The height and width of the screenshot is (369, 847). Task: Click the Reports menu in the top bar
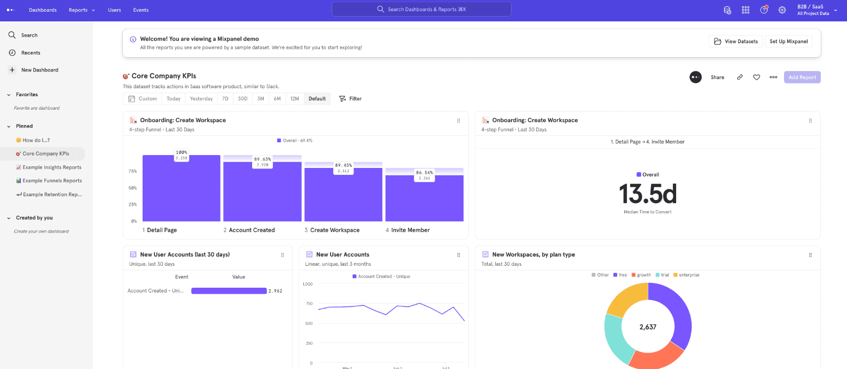(81, 10)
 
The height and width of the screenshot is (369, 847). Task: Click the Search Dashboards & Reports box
(421, 9)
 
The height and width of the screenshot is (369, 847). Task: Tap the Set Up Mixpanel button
(788, 42)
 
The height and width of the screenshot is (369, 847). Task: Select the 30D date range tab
(242, 99)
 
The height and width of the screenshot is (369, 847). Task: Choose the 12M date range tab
(294, 99)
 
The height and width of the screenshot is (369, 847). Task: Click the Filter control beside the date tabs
(350, 99)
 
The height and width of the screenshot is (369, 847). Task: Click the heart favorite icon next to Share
(756, 78)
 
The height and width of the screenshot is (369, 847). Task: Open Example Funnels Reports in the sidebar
(52, 181)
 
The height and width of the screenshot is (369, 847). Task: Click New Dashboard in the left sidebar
(40, 70)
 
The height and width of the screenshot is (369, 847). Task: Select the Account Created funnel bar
(262, 193)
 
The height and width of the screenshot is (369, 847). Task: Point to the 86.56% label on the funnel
(425, 173)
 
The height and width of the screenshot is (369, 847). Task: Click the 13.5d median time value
(647, 194)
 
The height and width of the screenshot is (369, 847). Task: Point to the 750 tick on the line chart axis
(309, 304)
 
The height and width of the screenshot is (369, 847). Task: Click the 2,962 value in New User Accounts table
(276, 291)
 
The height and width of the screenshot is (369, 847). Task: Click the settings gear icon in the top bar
(782, 10)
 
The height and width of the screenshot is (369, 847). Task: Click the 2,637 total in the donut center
(647, 327)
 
